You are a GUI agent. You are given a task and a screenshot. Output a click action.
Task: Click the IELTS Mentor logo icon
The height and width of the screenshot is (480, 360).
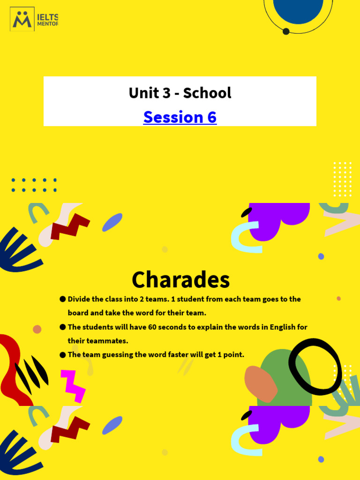pyautogui.click(x=22, y=19)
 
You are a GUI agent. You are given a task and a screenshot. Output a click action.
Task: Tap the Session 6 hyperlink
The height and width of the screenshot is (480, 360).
pyautogui.click(x=180, y=117)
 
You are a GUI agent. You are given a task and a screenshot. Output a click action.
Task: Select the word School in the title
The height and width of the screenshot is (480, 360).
pyautogui.click(x=207, y=93)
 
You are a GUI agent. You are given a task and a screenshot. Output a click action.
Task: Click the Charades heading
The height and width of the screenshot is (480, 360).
pyautogui.click(x=180, y=280)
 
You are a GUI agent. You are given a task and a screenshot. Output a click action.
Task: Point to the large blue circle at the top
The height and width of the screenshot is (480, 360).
pyautogui.click(x=298, y=9)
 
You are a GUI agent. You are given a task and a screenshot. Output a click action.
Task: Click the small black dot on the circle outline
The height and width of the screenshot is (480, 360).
pyautogui.click(x=286, y=31)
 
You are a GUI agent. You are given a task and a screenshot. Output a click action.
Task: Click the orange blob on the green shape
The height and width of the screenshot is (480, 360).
pyautogui.click(x=261, y=383)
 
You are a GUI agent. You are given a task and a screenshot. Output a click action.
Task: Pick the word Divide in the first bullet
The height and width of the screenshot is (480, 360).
pyautogui.click(x=80, y=299)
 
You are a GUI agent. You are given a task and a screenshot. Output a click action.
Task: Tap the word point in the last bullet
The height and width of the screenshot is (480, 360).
pyautogui.click(x=233, y=355)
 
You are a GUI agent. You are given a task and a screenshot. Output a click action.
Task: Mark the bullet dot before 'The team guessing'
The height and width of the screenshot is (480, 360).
pyautogui.click(x=62, y=355)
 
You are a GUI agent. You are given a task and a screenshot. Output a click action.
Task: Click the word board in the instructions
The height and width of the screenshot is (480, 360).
pyautogui.click(x=78, y=313)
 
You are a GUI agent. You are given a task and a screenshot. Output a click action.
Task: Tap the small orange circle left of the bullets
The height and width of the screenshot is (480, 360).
pyautogui.click(x=37, y=329)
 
